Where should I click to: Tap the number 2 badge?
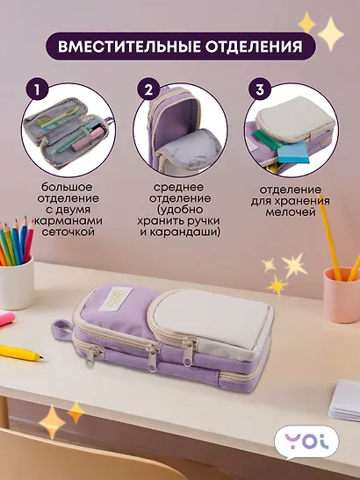[x=149, y=90]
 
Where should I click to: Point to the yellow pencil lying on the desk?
[x=21, y=353]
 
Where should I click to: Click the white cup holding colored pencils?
[x=17, y=282]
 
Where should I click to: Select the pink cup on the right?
[x=342, y=293]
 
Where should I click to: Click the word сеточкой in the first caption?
[x=69, y=232]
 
